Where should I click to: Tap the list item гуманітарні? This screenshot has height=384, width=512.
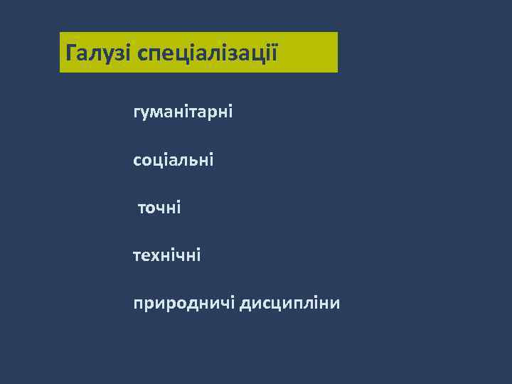coord(183,112)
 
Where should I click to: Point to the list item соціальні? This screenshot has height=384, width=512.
coord(173,160)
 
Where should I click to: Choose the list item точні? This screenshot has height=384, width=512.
coord(159,208)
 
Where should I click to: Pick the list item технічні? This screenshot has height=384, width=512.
coord(166,255)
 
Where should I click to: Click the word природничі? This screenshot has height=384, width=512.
coord(183,304)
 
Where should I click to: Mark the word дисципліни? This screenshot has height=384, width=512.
coord(289,304)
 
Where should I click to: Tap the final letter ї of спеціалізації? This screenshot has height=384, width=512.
coord(272,52)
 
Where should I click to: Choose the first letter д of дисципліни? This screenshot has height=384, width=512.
coord(246,304)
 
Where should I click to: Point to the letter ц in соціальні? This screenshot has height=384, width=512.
coord(157,161)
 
